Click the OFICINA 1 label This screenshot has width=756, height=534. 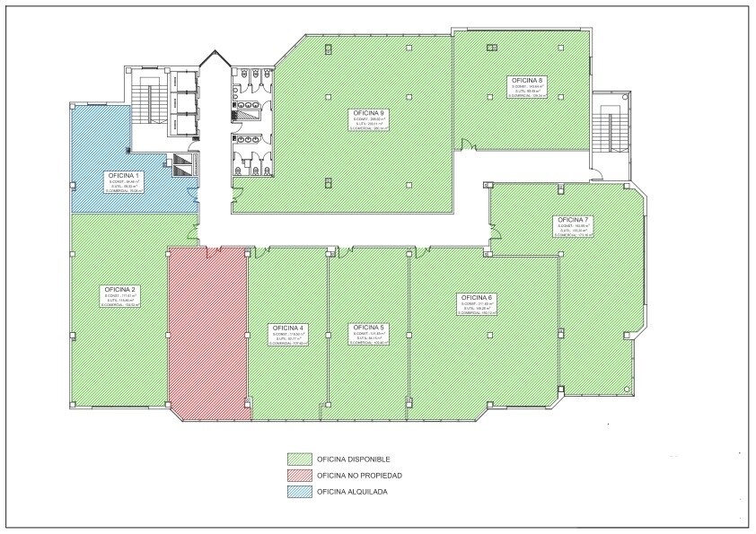point(123,175)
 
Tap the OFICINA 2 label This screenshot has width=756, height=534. point(119,289)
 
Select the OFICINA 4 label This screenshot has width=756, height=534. point(289,328)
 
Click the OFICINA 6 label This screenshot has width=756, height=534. point(477,297)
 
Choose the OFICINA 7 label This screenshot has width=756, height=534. point(573,220)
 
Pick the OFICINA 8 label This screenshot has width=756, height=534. point(527,80)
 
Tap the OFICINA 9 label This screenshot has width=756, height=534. point(370,112)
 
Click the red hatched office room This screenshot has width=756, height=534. point(208,332)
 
